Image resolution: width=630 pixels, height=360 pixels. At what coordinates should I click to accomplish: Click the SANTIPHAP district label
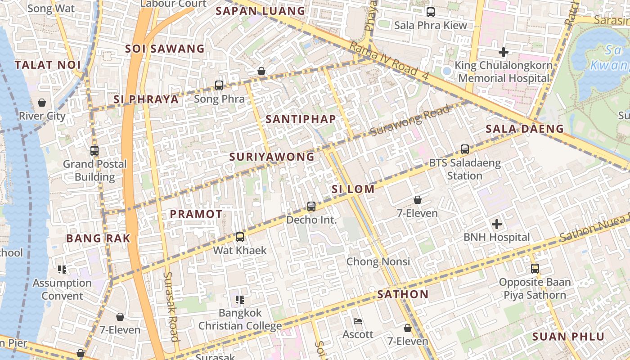[301, 119]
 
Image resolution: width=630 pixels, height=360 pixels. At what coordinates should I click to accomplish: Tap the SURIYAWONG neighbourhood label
[272, 157]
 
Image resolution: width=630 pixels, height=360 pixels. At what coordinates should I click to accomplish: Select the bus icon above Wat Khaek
[240, 237]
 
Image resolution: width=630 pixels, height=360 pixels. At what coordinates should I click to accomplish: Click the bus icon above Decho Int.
[311, 207]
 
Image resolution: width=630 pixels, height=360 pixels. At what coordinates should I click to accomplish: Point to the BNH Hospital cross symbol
[497, 224]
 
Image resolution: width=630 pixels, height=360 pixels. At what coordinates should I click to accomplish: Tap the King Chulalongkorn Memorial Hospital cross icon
[504, 52]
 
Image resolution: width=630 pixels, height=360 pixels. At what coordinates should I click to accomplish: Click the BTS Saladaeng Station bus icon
[465, 149]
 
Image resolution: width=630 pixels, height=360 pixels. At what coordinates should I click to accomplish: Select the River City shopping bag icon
[42, 103]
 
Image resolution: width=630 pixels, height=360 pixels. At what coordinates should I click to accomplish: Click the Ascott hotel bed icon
[358, 321]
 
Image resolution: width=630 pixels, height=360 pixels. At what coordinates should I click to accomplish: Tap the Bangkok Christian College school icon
[240, 299]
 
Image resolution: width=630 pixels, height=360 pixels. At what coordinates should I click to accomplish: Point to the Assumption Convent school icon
[62, 270]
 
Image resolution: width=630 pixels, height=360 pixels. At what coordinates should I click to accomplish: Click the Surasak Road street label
[171, 306]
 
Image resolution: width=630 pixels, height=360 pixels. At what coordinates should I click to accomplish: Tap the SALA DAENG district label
[525, 129]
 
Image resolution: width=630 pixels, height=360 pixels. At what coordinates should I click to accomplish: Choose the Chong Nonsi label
[378, 261]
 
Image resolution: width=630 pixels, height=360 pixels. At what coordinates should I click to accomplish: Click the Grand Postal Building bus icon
[94, 151]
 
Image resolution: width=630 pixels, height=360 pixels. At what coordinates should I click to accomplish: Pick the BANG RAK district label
[98, 238]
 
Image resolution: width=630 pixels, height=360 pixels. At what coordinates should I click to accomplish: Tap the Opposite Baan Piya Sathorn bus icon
[535, 269]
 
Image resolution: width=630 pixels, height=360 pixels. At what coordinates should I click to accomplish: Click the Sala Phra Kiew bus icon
[431, 12]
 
